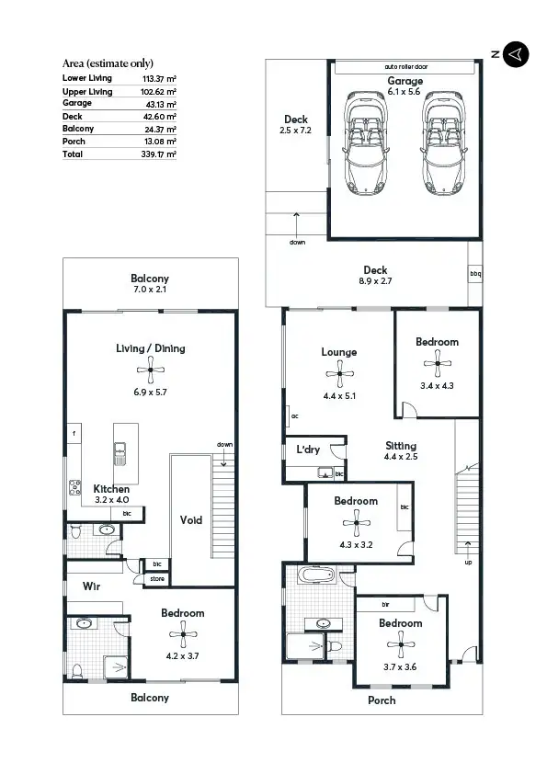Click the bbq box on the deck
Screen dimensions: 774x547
(474, 274)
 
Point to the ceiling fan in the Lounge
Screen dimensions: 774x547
(339, 374)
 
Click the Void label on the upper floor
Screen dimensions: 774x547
(190, 520)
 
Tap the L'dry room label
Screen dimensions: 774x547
(307, 450)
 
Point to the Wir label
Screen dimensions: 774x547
(91, 586)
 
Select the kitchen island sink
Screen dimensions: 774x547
(120, 451)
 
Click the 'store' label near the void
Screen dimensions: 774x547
(156, 579)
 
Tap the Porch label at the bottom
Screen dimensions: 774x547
(382, 700)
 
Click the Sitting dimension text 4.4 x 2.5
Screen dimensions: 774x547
(401, 457)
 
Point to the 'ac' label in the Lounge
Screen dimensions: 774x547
(294, 415)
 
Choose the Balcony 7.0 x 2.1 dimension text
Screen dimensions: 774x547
(150, 290)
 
